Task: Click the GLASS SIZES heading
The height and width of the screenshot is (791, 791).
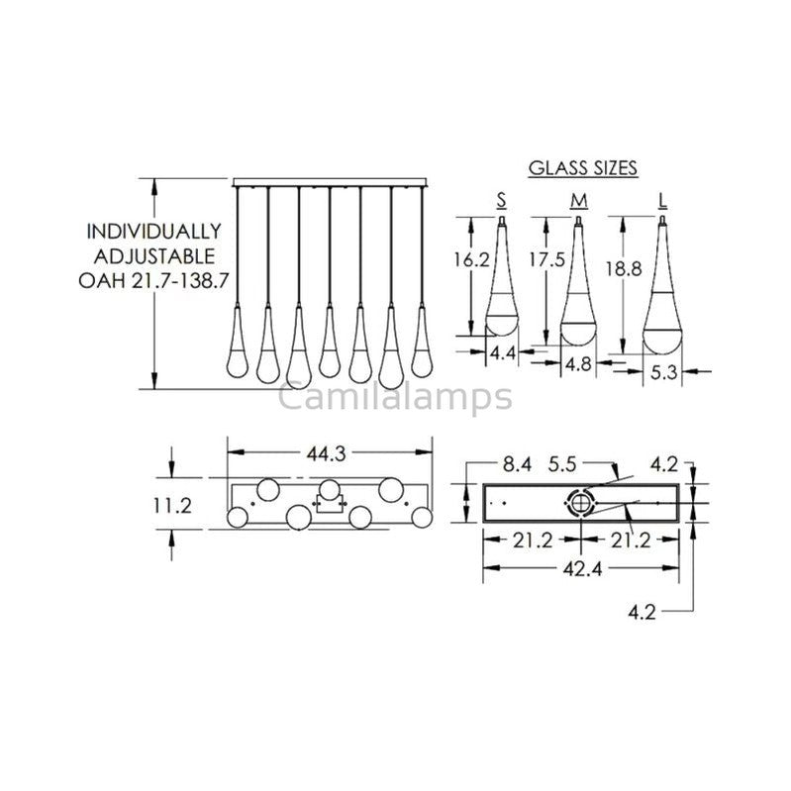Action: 582,167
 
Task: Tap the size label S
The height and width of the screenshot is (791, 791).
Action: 502,202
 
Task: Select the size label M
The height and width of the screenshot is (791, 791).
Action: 577,202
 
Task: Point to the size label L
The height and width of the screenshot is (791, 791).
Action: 660,202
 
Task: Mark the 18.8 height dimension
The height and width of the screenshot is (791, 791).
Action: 621,267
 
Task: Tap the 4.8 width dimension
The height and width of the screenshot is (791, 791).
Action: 578,363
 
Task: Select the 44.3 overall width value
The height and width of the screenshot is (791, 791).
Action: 330,453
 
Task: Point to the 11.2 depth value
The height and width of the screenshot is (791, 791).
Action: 172,505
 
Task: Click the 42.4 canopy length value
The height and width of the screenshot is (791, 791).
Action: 579,570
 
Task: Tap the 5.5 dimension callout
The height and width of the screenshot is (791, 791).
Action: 565,462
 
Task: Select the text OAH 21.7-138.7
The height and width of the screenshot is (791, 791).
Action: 153,280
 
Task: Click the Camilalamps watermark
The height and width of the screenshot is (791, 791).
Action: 395,397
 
